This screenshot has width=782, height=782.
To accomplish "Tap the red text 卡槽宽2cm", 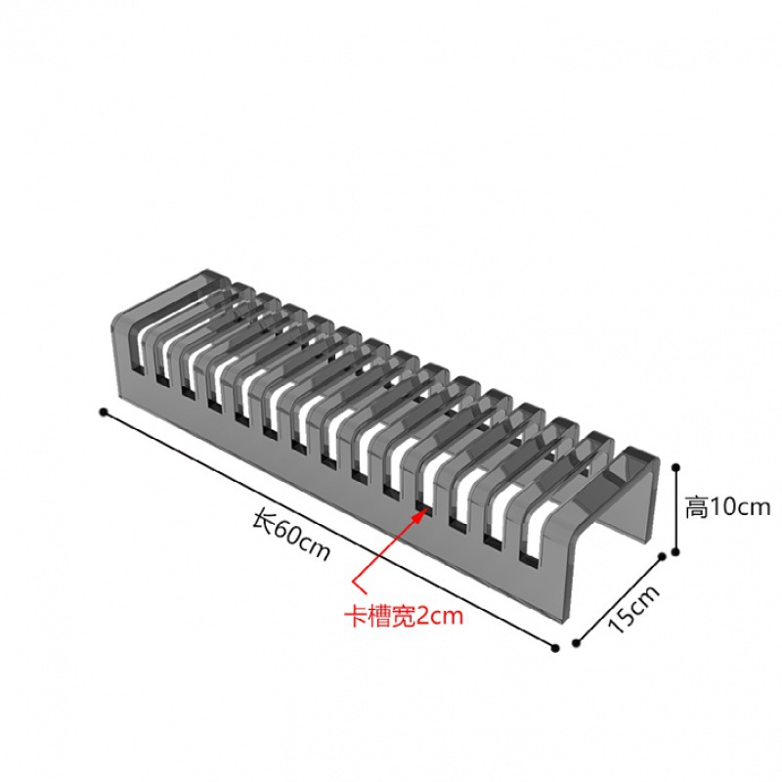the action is click(x=402, y=616).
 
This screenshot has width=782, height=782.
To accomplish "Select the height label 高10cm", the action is click(x=727, y=507).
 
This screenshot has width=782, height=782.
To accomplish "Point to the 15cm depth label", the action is click(x=633, y=608).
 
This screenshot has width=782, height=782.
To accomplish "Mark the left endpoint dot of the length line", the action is click(x=103, y=412).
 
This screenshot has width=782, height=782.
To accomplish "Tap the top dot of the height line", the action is click(x=676, y=467).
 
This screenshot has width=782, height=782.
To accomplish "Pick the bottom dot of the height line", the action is click(x=675, y=552).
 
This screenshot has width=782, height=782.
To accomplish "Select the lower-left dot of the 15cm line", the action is click(x=576, y=644).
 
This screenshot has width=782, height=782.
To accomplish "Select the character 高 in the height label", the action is click(x=696, y=507).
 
